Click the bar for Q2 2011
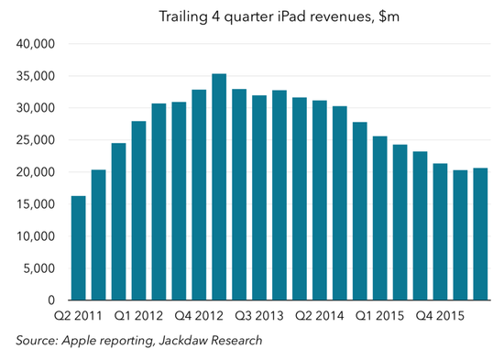pos(79,248)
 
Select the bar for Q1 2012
pos(139,211)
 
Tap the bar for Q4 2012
pos(199,195)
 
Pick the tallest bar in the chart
pos(219,187)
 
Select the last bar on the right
pos(480,234)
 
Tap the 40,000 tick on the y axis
pos(36,44)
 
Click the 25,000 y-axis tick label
pos(36,140)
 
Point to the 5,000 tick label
pos(39,268)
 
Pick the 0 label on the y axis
pos(51,300)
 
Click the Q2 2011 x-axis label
pos(78,316)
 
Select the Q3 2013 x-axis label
pos(259,316)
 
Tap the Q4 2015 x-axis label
pos(440,316)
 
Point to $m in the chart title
pos(389,16)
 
